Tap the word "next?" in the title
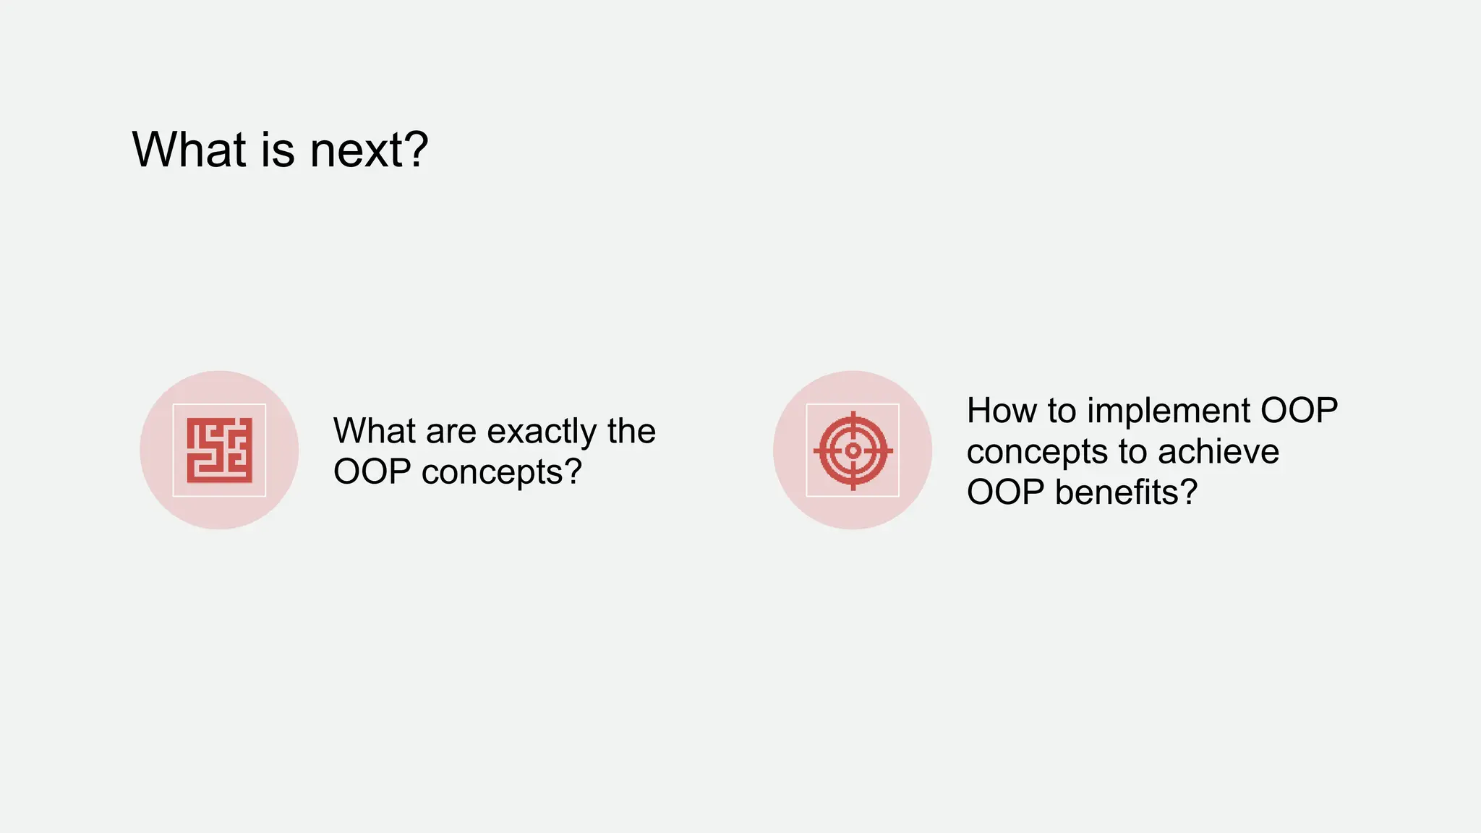369,150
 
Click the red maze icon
219,450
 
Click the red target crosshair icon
853,450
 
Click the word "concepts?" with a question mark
502,472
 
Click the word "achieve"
1218,452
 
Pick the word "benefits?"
1126,492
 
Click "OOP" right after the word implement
1299,411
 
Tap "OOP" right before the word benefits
1005,492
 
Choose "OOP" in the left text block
372,472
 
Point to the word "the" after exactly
631,432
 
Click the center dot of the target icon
853,450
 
